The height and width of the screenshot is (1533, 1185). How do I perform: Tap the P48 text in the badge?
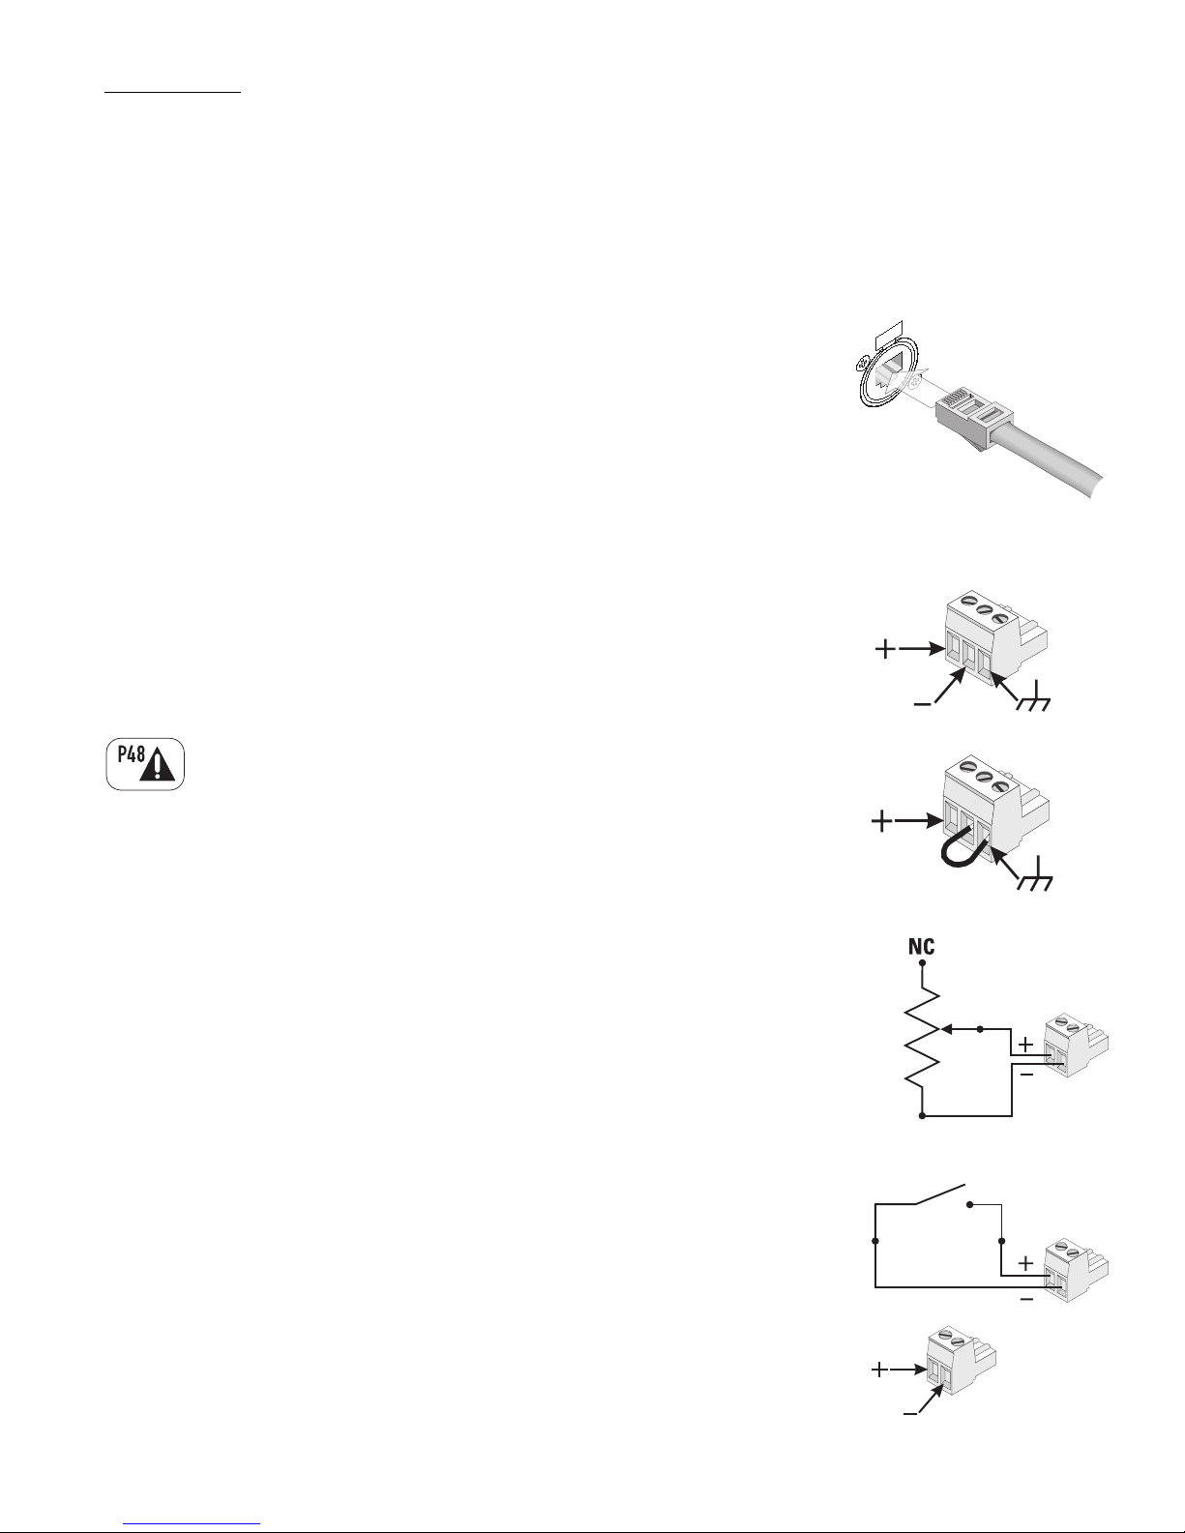tap(132, 754)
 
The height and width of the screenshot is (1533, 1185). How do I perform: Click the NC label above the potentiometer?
tap(922, 946)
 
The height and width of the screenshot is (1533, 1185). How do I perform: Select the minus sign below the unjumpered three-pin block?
tap(922, 704)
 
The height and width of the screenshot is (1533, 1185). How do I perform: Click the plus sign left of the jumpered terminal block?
tap(881, 821)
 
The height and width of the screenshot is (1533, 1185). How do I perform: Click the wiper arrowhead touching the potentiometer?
tap(947, 1029)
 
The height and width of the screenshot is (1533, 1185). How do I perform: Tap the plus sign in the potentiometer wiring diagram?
tap(1026, 1044)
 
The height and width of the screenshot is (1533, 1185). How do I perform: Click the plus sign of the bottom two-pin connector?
tap(879, 1371)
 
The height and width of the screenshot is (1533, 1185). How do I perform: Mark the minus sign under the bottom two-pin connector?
tap(910, 1414)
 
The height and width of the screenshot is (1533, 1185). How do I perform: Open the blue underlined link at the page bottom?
tap(192, 1523)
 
